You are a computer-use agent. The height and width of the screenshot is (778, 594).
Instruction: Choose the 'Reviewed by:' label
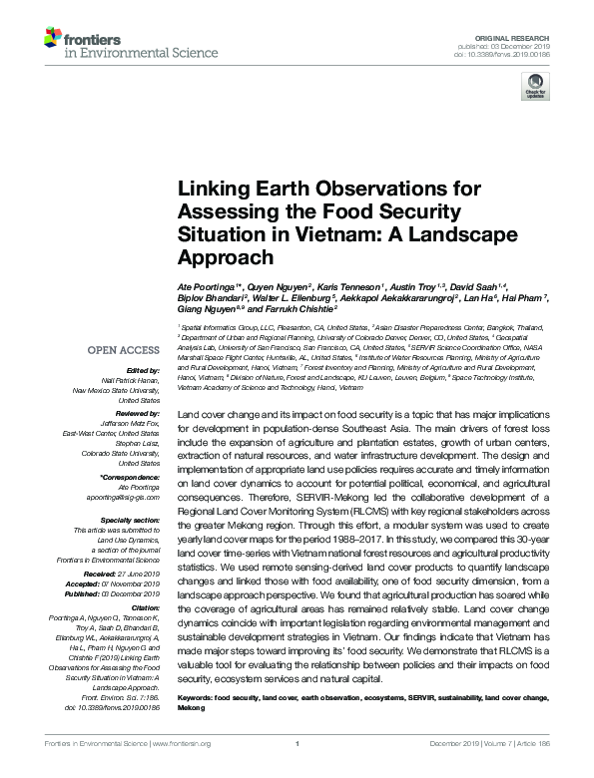tap(131, 412)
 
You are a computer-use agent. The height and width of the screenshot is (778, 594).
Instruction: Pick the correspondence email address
tap(119, 496)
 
